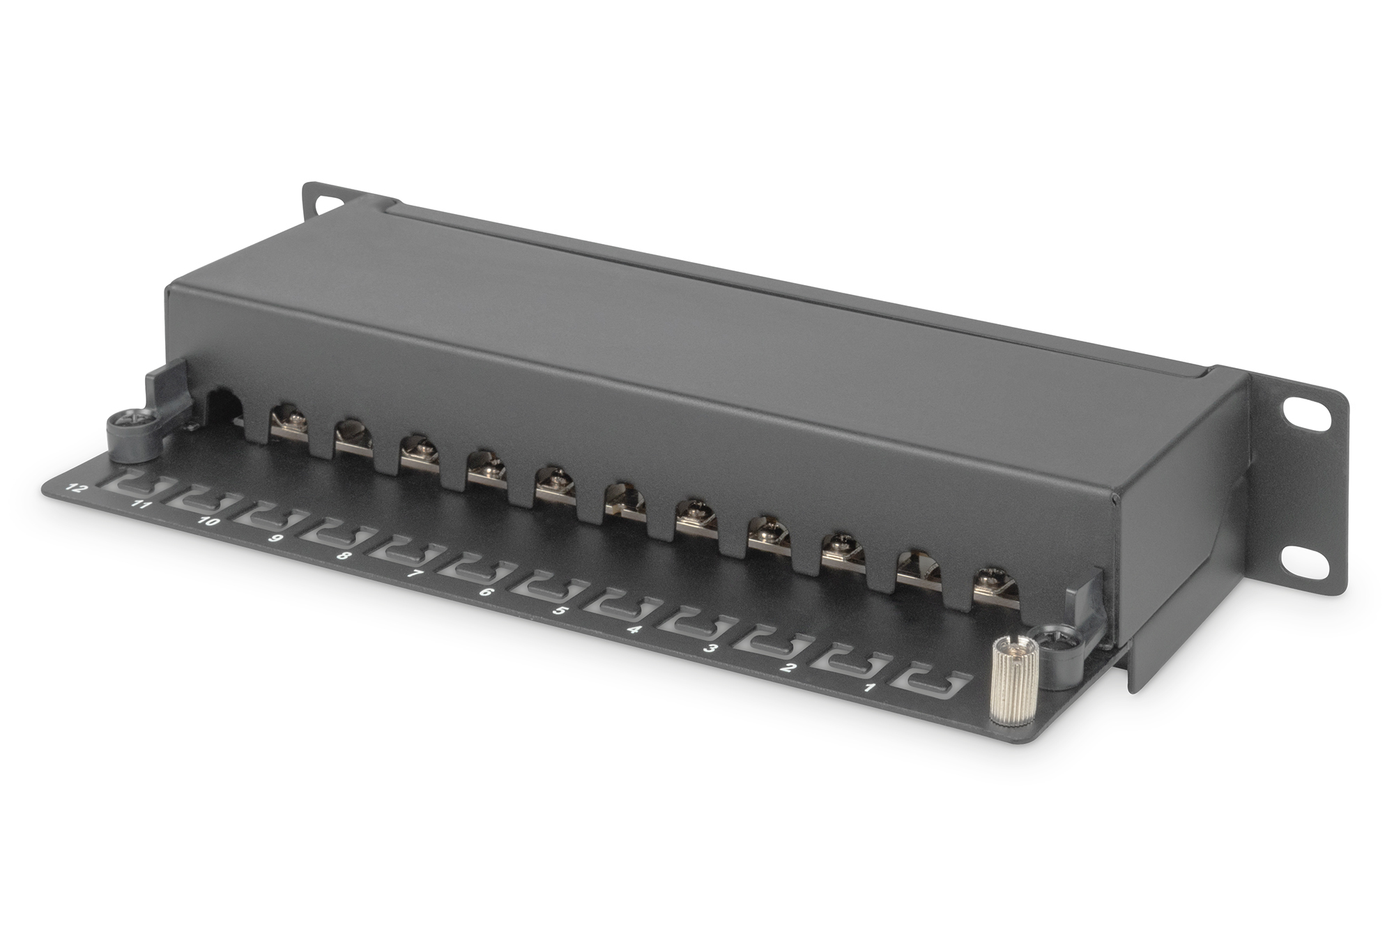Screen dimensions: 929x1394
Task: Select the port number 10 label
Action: point(208,521)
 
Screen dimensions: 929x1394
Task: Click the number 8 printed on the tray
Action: point(344,556)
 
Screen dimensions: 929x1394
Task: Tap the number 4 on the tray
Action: point(633,629)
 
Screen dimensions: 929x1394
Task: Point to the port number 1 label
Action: point(869,689)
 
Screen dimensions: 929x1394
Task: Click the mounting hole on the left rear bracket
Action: point(324,203)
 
